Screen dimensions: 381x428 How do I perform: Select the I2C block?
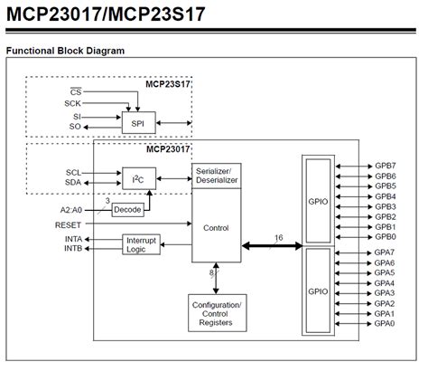(137, 179)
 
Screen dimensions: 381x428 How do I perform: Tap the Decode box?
(127, 209)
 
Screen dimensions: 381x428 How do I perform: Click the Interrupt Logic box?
(136, 244)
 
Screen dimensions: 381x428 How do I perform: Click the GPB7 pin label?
(386, 166)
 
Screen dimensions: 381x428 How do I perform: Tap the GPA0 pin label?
(386, 323)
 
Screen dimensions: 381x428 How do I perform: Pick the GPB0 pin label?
(386, 237)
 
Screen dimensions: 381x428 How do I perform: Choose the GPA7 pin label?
(386, 252)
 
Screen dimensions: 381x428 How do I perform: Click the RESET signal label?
(68, 224)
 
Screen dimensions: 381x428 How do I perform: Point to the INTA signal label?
(73, 239)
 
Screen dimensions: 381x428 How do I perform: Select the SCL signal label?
(74, 172)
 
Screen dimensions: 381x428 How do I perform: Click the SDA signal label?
(74, 183)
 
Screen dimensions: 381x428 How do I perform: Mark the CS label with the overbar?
(76, 92)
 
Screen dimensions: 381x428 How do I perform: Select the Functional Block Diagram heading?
(66, 51)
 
